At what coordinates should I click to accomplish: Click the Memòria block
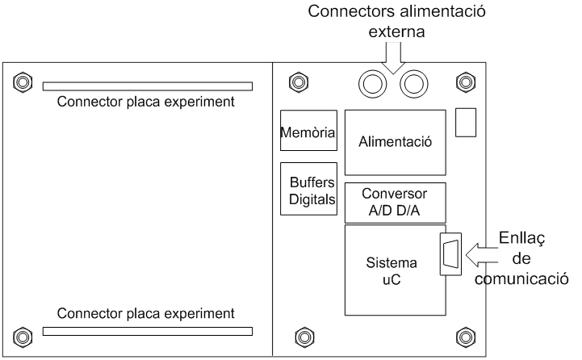click(308, 130)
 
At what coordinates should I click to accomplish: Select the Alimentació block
click(396, 143)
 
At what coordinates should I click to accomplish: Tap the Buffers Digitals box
click(308, 189)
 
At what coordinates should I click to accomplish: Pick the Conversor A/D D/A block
click(396, 203)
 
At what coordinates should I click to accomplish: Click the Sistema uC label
click(391, 271)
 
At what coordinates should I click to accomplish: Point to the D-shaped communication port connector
click(450, 254)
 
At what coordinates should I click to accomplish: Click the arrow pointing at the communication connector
click(481, 255)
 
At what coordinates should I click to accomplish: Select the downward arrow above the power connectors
click(393, 58)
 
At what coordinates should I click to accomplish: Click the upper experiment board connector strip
click(148, 86)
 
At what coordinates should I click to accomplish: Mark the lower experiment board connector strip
click(148, 331)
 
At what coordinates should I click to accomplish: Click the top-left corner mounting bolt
click(23, 82)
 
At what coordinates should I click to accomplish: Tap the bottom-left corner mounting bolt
click(23, 337)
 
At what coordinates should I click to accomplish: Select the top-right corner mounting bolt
click(466, 82)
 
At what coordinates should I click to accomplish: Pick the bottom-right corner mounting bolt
click(466, 337)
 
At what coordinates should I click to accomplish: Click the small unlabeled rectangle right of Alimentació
click(466, 123)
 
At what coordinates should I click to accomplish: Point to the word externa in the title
click(396, 31)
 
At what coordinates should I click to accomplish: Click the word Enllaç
click(522, 238)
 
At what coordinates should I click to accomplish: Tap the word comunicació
click(521, 279)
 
